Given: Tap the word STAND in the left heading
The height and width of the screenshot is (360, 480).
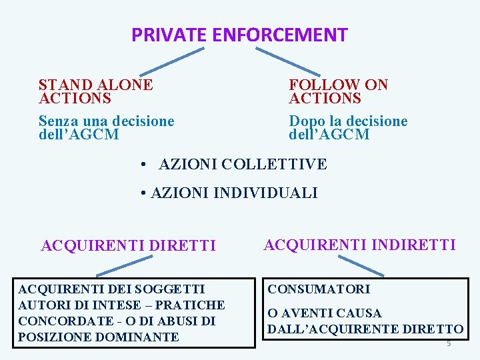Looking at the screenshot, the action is point(64,85).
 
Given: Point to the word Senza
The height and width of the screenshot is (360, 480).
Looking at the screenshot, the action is point(56,121).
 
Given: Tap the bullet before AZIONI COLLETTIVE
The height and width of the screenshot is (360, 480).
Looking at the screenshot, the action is point(143,164).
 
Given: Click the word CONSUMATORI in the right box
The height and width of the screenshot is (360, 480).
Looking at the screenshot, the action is point(319,289).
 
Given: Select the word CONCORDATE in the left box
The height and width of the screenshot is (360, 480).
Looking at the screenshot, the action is point(57,321).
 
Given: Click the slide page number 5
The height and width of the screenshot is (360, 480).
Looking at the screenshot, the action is point(449,343).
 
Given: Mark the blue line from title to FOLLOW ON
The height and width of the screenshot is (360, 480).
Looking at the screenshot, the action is point(287,61).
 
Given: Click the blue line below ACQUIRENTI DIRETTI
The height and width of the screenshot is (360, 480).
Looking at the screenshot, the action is point(124,267).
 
